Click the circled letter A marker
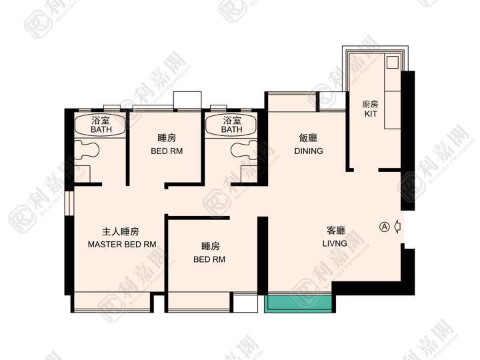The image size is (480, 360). tap(385, 227)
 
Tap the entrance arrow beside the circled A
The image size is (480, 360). tap(397, 227)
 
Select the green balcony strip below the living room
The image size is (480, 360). tap(298, 304)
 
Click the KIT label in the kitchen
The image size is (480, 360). tap(371, 114)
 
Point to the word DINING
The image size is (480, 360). tap(309, 151)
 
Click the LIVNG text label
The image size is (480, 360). tap(335, 243)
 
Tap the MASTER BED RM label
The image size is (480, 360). tap(122, 244)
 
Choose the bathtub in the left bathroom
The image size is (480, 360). tap(100, 125)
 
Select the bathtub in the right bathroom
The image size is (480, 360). tap(231, 125)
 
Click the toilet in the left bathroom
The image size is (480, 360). tap(87, 150)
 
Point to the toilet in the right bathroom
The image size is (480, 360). tap(244, 150)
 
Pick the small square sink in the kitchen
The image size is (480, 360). tap(392, 63)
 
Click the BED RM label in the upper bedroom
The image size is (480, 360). tap(167, 151)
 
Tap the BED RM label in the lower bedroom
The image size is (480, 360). tap(209, 259)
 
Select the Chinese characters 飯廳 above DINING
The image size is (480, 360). tap(308, 138)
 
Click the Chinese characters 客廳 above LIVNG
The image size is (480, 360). tap(336, 231)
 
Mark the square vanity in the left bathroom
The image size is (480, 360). tap(83, 174)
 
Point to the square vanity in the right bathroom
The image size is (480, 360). tap(249, 174)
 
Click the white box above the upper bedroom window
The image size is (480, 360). tap(187, 100)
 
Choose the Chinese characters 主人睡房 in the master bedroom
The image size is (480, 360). tap(121, 231)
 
